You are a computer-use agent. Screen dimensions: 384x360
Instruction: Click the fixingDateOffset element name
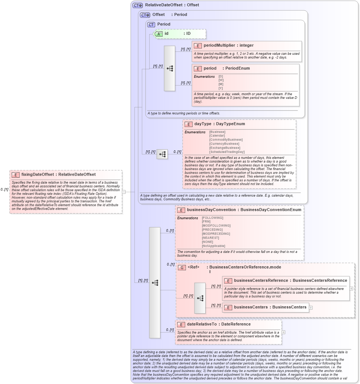[x=37, y=174]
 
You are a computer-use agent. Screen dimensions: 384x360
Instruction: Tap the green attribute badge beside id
[x=159, y=34]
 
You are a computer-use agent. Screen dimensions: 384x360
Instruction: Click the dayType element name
[x=203, y=124]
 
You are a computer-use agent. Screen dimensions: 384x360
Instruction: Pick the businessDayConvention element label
[x=211, y=210]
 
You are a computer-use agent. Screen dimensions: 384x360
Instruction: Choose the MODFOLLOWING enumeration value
[x=216, y=226]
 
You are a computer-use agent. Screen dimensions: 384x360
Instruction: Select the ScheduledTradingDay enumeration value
[x=227, y=152]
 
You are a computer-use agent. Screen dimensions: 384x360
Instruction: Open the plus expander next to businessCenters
[x=311, y=307]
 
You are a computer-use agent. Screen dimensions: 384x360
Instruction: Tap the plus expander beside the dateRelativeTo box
[x=283, y=332]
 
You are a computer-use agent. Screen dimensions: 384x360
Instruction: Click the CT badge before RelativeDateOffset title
[x=138, y=5]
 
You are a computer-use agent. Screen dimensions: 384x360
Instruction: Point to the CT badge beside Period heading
[x=151, y=24]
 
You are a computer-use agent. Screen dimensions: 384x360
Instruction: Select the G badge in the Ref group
[x=181, y=267]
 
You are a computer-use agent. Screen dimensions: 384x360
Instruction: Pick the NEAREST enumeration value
[x=210, y=238]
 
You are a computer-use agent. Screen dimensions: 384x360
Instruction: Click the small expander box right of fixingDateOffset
[x=124, y=192]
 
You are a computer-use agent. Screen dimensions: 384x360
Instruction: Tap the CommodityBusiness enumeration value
[x=226, y=140]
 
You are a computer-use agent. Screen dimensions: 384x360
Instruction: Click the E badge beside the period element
[x=198, y=69]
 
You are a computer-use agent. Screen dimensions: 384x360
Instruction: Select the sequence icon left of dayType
[x=162, y=154]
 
